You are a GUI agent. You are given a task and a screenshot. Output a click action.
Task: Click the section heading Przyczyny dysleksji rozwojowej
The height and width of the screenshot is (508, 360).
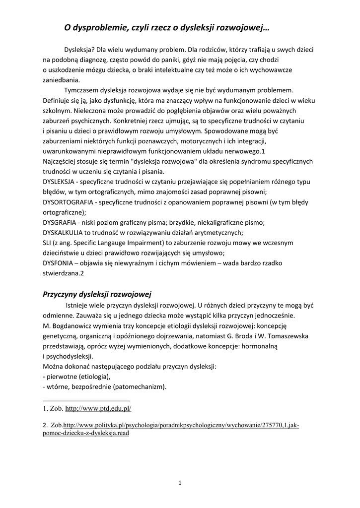(97, 294)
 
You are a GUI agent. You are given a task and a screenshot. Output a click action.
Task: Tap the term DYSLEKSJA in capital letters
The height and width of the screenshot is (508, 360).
(58, 182)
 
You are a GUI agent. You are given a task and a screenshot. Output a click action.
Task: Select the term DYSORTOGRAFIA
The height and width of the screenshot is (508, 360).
(68, 202)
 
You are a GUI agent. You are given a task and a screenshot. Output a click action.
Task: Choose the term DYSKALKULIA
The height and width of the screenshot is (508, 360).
(63, 232)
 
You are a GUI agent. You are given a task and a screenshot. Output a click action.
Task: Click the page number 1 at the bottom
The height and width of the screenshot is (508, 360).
(180, 482)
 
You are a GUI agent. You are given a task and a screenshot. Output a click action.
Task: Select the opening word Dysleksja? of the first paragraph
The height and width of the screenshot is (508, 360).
(80, 50)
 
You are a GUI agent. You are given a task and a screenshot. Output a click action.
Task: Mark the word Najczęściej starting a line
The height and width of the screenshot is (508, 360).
(61, 162)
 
